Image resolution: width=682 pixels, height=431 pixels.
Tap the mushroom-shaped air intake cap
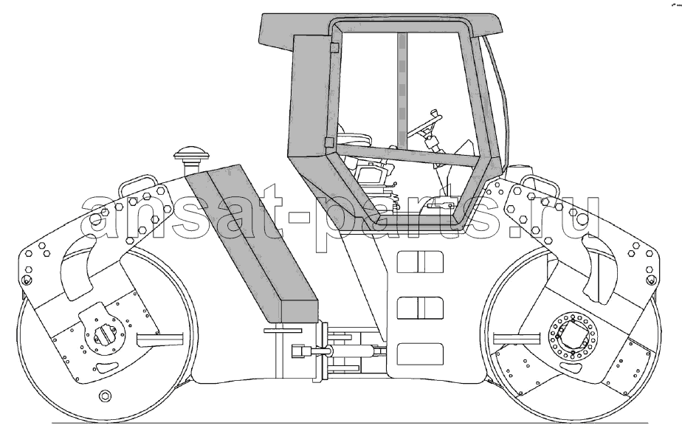coord(191,153)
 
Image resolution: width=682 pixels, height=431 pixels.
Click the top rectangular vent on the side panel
coord(420,261)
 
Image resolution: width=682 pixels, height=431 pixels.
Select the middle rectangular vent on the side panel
coord(420,308)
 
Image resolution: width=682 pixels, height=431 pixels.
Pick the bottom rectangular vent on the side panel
coord(420,354)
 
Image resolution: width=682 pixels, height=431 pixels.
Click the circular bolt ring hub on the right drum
coord(573,337)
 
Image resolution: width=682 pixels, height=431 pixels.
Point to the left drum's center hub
coord(104,334)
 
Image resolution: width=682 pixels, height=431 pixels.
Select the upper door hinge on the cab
coord(334,47)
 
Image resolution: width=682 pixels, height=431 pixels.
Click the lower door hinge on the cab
coord(329,142)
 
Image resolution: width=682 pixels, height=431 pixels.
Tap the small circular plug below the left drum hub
coord(105,396)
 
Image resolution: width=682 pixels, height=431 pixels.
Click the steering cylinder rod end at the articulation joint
coord(301,350)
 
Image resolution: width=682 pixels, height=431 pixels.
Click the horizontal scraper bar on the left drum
coord(159,338)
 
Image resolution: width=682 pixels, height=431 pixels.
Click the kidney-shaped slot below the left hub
coord(107,368)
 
